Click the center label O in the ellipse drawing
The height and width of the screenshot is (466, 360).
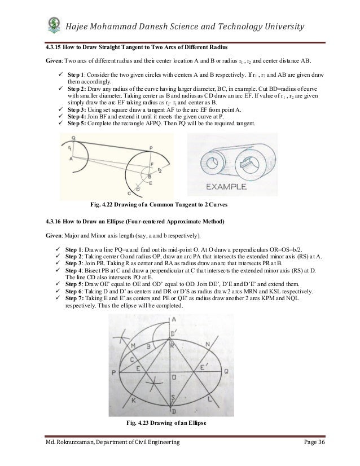tap(174, 376)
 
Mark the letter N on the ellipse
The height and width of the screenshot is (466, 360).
tap(208, 344)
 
